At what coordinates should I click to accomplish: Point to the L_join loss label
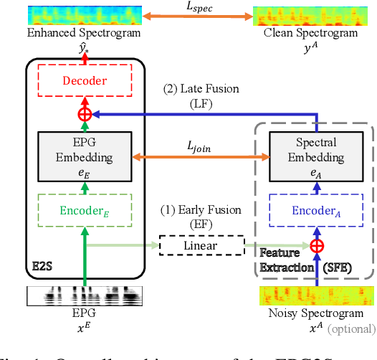point(201,145)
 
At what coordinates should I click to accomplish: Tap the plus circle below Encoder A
point(316,246)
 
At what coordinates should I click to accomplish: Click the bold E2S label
point(42,266)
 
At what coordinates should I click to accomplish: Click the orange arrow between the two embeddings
point(201,158)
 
